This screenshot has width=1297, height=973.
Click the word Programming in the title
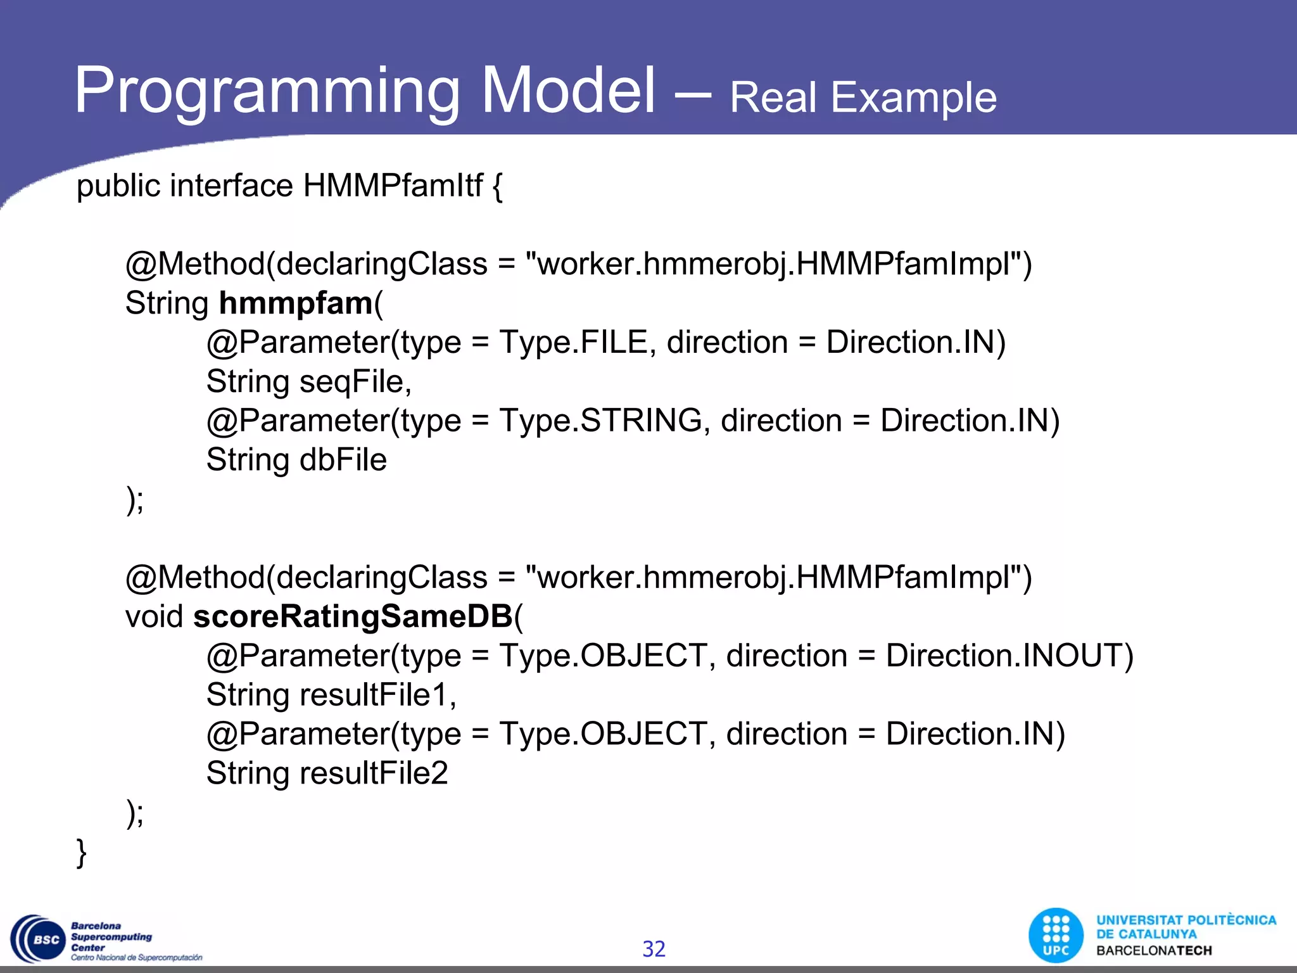(x=266, y=92)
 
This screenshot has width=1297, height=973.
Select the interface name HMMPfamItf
(x=393, y=186)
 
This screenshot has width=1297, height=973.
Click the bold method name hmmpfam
(x=295, y=303)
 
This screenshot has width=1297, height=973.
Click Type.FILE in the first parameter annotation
(x=573, y=343)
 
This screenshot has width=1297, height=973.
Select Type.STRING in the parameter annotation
(x=600, y=421)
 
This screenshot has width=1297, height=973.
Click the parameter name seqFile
(x=355, y=382)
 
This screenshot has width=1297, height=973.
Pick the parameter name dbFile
(x=343, y=461)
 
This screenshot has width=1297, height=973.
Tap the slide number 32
(x=654, y=949)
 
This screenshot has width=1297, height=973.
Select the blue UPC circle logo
(x=1056, y=936)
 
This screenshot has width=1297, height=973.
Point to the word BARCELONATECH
(x=1154, y=951)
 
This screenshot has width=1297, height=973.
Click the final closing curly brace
(x=81, y=853)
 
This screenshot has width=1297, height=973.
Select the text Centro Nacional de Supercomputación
(x=136, y=958)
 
